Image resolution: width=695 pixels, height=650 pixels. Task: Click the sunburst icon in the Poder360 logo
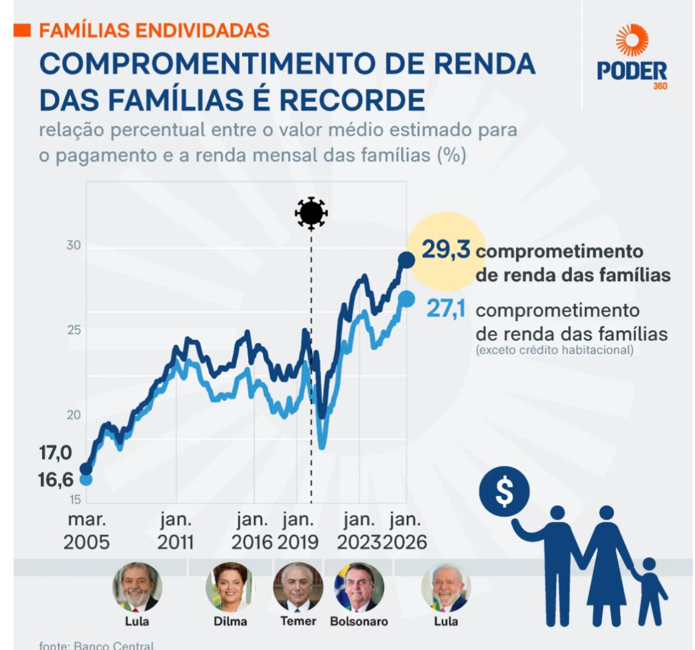tap(632, 41)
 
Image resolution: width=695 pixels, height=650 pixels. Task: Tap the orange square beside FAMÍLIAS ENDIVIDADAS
tap(23, 30)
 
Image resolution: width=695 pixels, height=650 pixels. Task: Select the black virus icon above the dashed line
tap(311, 213)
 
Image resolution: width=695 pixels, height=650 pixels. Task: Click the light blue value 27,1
tap(446, 309)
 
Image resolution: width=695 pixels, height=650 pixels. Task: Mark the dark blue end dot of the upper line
tap(406, 260)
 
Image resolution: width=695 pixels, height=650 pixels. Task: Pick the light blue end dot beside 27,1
tap(407, 299)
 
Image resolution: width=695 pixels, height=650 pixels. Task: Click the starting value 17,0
tap(55, 454)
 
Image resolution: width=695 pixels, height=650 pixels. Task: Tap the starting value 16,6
tap(55, 480)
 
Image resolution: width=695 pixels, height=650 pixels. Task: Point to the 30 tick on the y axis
tap(73, 245)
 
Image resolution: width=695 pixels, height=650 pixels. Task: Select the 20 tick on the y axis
tap(73, 415)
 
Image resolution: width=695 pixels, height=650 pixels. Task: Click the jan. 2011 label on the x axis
tap(176, 531)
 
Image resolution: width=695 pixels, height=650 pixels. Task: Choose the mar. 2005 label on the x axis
tap(87, 531)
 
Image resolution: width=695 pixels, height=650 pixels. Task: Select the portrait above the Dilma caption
tap(230, 587)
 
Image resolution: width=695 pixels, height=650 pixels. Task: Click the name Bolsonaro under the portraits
tap(358, 622)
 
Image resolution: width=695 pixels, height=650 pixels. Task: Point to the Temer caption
tap(298, 621)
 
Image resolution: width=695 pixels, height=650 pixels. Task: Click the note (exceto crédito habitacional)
tap(555, 350)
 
